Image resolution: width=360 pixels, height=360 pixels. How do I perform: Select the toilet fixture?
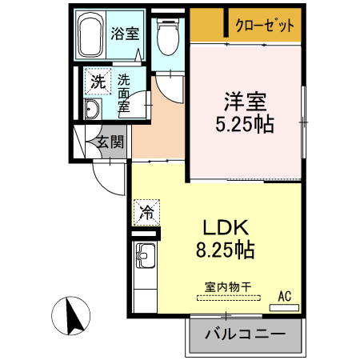(168, 36)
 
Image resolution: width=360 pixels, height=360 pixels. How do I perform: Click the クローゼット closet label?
(265, 25)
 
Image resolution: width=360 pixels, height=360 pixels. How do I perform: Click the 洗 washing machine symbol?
(97, 81)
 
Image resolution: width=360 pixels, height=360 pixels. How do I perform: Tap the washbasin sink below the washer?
(91, 110)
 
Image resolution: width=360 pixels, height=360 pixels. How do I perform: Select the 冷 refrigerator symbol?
(148, 212)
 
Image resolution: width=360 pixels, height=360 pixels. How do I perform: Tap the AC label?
(284, 296)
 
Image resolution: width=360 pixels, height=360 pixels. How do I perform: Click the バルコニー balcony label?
(247, 334)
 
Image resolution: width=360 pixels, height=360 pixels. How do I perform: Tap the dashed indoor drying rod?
(229, 298)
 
